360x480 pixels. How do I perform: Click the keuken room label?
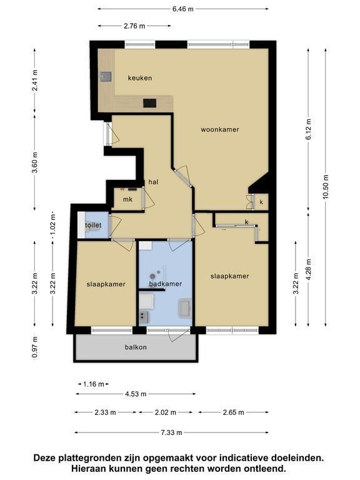pos(140,78)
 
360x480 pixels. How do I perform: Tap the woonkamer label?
pos(220,129)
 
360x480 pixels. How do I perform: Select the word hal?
pos(153,182)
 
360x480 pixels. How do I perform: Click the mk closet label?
pos(127,199)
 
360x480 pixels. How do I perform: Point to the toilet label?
pos(93,225)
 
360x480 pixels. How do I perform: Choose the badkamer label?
pos(166,284)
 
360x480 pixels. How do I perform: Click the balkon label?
pos(136,347)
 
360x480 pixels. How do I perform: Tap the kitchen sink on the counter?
pos(106,76)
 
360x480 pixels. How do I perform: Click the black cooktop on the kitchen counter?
pos(150,103)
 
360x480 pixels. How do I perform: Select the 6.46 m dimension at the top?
pos(183,9)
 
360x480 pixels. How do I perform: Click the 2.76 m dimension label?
pos(134,26)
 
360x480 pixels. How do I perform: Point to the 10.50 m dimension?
pos(326,187)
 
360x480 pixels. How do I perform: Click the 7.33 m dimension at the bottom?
pos(171,432)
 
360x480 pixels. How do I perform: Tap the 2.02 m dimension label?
pos(166,412)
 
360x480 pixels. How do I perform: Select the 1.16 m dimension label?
pos(94,384)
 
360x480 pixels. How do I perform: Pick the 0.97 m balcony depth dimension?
pos(35,347)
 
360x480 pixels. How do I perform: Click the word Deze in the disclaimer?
pos(45,458)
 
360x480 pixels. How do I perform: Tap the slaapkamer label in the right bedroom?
pos(229,276)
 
